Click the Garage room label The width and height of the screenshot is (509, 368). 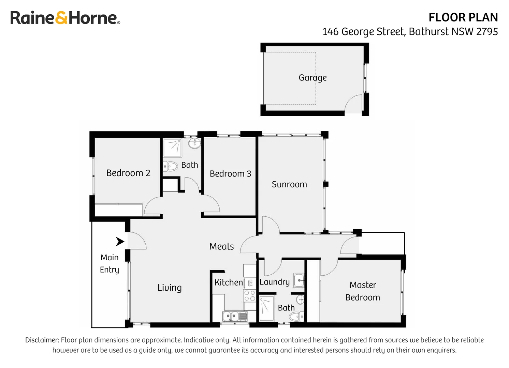pyautogui.click(x=312, y=78)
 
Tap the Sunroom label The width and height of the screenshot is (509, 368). pyautogui.click(x=289, y=184)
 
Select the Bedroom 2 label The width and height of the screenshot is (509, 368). pyautogui.click(x=128, y=173)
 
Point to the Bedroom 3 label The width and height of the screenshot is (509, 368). pyautogui.click(x=230, y=174)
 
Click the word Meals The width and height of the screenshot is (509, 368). pyautogui.click(x=221, y=246)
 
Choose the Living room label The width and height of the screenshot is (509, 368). pyautogui.click(x=169, y=288)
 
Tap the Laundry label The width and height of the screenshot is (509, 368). pyautogui.click(x=274, y=282)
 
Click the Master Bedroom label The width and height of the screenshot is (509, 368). pyautogui.click(x=363, y=291)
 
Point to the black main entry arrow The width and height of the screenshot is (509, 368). pyautogui.click(x=120, y=242)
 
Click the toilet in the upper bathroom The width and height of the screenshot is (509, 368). pyautogui.click(x=171, y=167)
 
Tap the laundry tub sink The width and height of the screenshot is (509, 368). pyautogui.click(x=299, y=280)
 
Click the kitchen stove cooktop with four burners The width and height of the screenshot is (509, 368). pyautogui.click(x=249, y=296)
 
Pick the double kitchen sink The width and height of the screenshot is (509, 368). pyautogui.click(x=234, y=316)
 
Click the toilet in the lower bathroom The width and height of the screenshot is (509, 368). pyautogui.click(x=296, y=317)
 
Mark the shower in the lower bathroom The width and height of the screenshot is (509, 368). pyautogui.click(x=266, y=308)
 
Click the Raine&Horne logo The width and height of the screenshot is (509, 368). pyautogui.click(x=65, y=18)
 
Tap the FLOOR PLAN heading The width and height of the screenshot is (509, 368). pyautogui.click(x=463, y=17)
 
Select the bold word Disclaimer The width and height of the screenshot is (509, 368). pyautogui.click(x=42, y=340)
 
